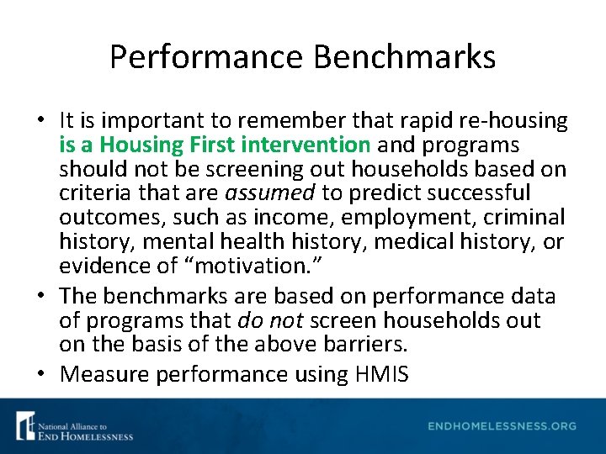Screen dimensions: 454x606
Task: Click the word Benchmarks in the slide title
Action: click(405, 57)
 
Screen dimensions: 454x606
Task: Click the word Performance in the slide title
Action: click(206, 57)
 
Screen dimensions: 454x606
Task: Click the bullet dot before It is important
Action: click(40, 121)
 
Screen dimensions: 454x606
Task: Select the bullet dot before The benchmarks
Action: click(40, 297)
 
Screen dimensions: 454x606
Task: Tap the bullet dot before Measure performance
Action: click(40, 373)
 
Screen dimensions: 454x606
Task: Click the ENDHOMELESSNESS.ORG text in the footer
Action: click(502, 426)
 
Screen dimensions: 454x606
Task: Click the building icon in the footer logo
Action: click(24, 425)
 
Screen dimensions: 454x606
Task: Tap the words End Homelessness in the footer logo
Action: click(84, 436)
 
